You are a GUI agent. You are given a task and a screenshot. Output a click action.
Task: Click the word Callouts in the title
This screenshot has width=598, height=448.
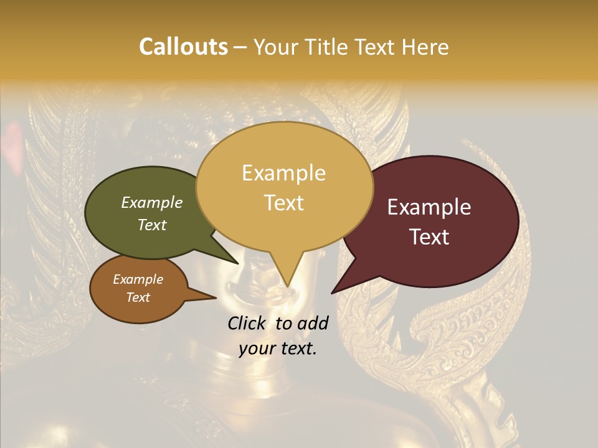[x=183, y=47]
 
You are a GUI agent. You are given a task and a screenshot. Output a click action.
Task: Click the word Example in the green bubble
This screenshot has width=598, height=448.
[x=152, y=202]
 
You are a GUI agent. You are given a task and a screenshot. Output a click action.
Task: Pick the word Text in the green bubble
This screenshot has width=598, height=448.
[x=152, y=225]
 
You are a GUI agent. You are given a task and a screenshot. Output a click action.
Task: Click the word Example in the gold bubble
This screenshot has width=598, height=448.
[x=283, y=173]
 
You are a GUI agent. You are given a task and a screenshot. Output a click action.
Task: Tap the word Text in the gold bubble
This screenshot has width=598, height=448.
[x=283, y=203]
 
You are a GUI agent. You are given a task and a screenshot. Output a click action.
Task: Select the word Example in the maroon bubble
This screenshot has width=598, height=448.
[x=429, y=207]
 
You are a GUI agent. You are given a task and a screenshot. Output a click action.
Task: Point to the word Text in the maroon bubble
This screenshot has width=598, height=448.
[x=429, y=237]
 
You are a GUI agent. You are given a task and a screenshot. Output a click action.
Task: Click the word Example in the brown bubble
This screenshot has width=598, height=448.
[x=138, y=279]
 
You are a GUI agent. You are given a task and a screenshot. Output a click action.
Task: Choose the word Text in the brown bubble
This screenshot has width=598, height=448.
[x=138, y=297]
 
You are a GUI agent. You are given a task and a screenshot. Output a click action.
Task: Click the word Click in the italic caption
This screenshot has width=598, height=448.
[x=248, y=323]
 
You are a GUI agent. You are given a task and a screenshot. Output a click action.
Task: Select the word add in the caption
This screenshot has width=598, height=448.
[x=313, y=323]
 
